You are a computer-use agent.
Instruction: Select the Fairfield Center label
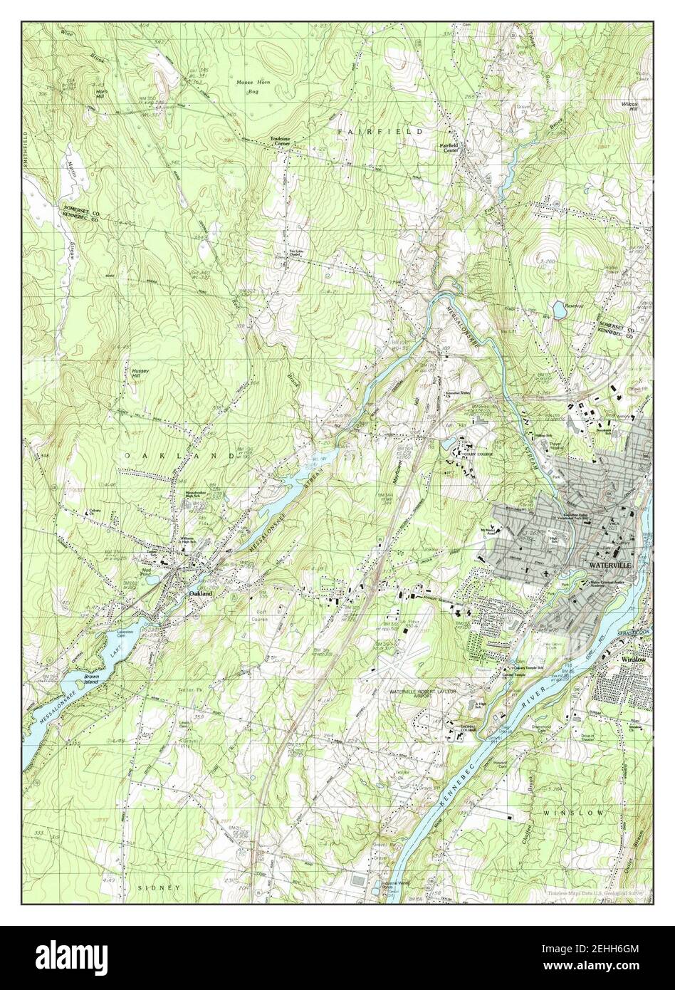449,147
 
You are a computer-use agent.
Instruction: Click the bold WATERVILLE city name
610,565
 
